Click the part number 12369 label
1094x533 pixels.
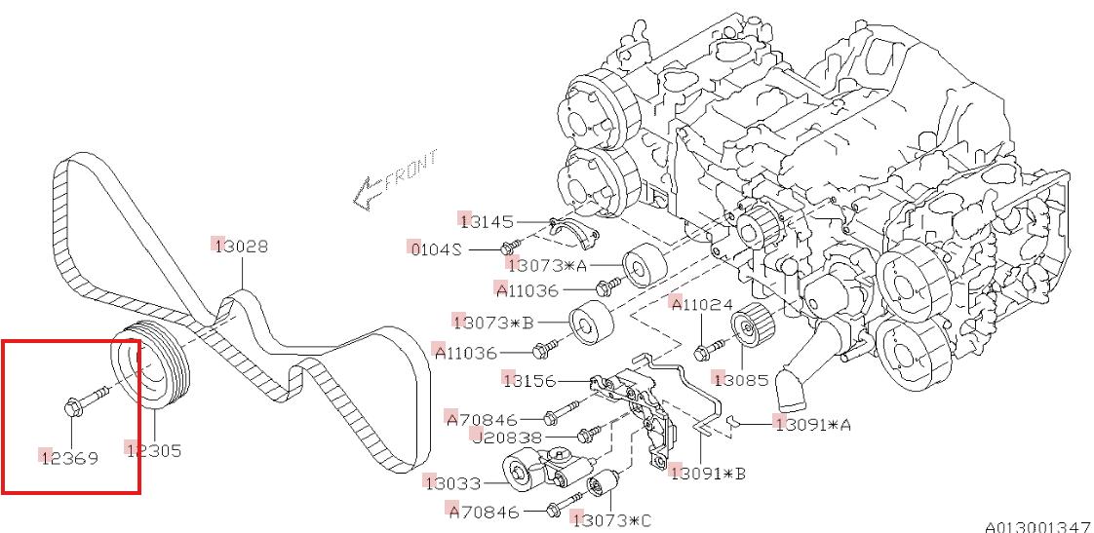68,456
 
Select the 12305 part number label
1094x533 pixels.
154,450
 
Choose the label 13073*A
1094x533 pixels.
547,263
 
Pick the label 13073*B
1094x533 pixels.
493,321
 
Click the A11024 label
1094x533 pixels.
701,305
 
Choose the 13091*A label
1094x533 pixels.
812,424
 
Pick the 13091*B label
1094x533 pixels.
708,474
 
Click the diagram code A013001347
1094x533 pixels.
1036,526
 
